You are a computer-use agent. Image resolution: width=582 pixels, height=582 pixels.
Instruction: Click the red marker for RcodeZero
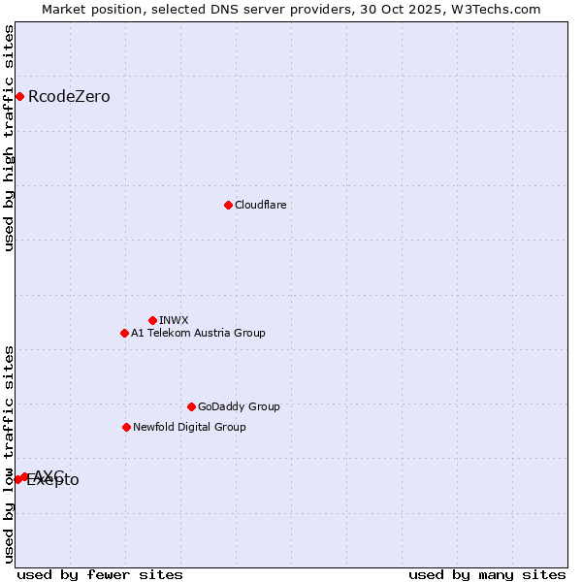pyautogui.click(x=19, y=96)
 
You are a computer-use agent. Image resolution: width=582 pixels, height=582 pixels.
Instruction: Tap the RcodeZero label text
pyautogui.click(x=69, y=96)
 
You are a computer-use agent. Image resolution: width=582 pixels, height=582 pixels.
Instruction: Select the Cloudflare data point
pyautogui.click(x=228, y=205)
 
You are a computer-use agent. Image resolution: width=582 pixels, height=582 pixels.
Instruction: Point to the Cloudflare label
pyautogui.click(x=260, y=205)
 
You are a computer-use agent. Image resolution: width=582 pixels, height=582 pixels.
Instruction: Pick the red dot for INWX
pyautogui.click(x=152, y=320)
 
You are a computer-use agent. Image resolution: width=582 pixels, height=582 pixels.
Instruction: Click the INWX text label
pyautogui.click(x=174, y=320)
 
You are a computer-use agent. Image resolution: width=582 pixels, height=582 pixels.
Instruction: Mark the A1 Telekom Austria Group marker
pyautogui.click(x=124, y=333)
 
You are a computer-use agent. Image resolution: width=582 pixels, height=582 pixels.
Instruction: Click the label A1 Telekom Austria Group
pyautogui.click(x=198, y=333)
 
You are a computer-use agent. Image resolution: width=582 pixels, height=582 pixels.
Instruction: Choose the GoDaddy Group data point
pyautogui.click(x=191, y=406)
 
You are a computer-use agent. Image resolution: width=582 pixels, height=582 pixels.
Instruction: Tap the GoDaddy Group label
pyautogui.click(x=239, y=406)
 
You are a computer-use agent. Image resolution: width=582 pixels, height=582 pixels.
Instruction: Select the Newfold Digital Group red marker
pyautogui.click(x=126, y=427)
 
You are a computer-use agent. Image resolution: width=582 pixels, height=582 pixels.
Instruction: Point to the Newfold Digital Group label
pyautogui.click(x=189, y=427)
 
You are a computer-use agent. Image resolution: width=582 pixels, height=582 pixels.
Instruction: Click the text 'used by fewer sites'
pyautogui.click(x=100, y=574)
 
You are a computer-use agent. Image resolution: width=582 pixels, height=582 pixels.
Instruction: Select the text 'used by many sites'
pyautogui.click(x=486, y=574)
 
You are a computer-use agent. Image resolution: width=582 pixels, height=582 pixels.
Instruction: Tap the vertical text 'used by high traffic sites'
pyautogui.click(x=10, y=138)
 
